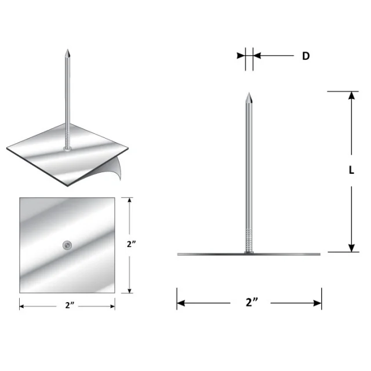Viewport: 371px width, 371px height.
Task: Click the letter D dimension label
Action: (305, 56)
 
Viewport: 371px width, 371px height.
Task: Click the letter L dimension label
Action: (351, 170)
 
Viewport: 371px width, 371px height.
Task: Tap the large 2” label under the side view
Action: (250, 303)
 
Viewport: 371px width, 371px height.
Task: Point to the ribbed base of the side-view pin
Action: (249, 241)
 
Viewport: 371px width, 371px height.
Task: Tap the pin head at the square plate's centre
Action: (67, 246)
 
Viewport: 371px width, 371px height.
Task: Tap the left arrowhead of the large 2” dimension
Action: (181, 303)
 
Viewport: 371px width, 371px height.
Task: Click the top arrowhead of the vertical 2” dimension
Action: (130, 201)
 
